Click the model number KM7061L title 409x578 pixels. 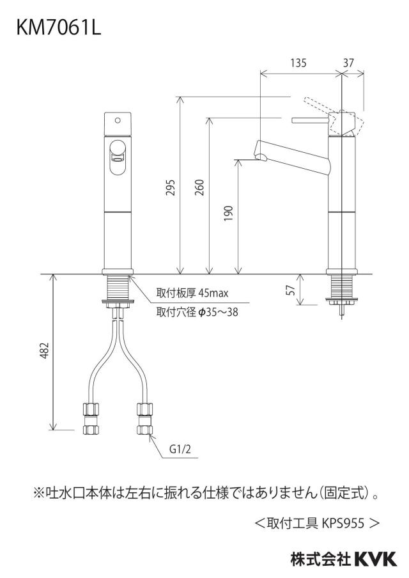click(x=58, y=27)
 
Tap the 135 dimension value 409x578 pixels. click(x=298, y=63)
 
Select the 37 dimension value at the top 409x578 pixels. click(x=348, y=63)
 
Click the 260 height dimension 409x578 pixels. click(x=199, y=187)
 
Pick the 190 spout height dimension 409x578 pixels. click(x=228, y=214)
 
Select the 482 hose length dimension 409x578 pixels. click(x=44, y=350)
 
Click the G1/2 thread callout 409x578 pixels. click(x=180, y=449)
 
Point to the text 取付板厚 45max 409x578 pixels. click(x=192, y=293)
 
